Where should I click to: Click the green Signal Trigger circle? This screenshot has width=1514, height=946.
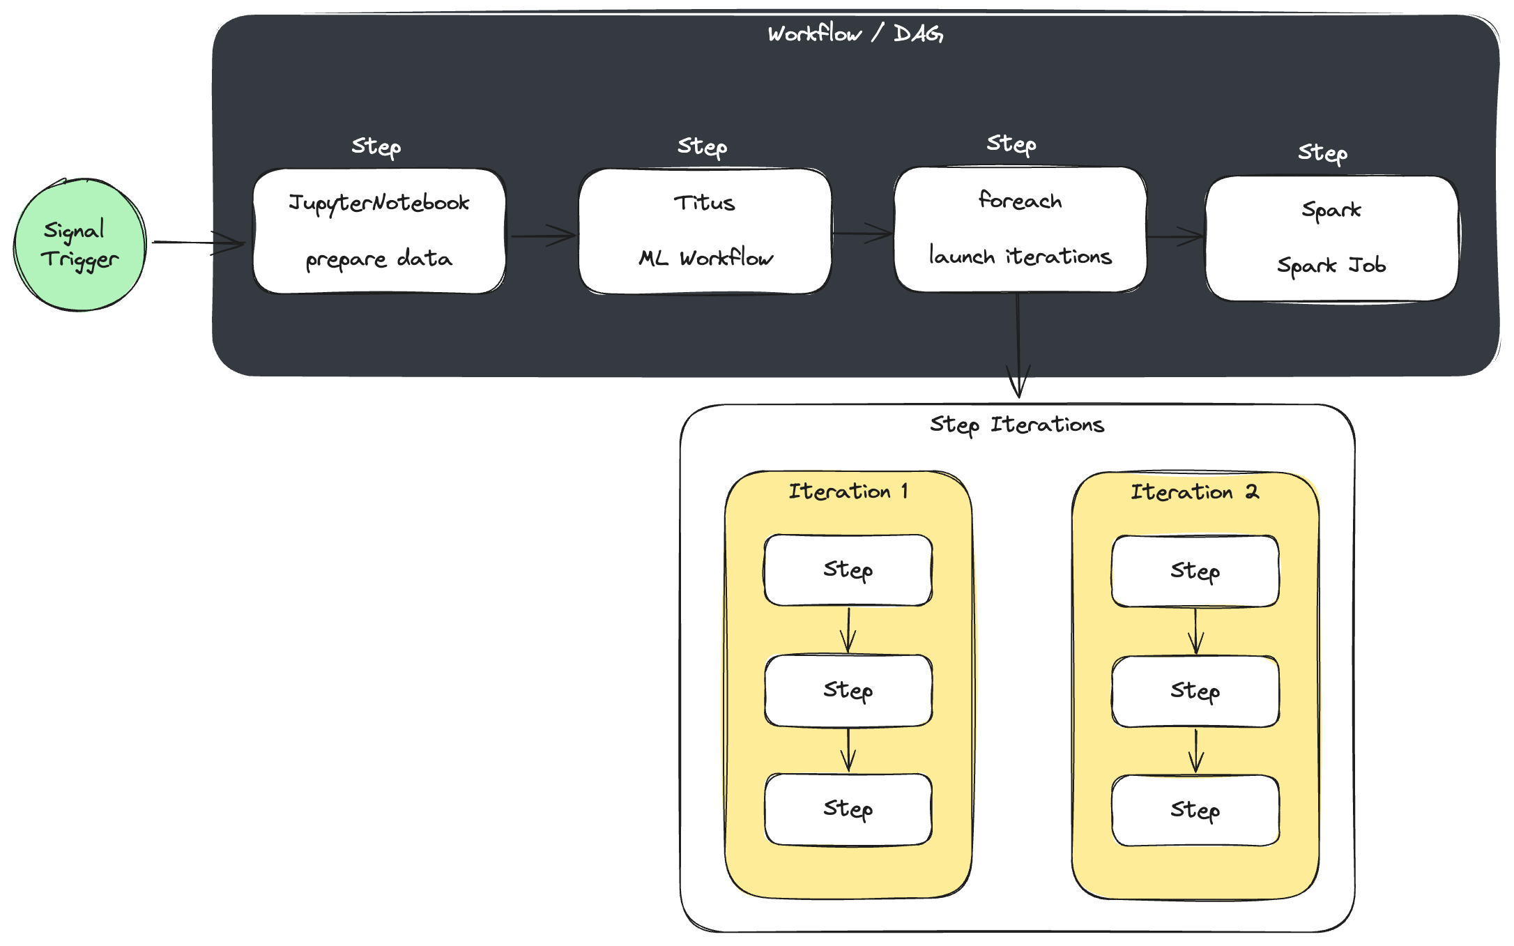click(x=79, y=245)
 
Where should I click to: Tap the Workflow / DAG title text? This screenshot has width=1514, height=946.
click(x=855, y=33)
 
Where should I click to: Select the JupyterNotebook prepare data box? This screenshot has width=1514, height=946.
click(x=379, y=231)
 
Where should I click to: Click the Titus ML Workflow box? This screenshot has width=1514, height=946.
click(x=705, y=231)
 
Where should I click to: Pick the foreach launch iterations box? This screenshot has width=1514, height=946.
click(x=1020, y=229)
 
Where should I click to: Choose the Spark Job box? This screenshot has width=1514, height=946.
click(x=1331, y=238)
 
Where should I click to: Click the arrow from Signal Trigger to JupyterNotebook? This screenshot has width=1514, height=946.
click(x=198, y=243)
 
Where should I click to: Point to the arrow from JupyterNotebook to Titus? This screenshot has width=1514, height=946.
click(x=543, y=236)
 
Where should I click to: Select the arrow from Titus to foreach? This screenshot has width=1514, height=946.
click(x=863, y=234)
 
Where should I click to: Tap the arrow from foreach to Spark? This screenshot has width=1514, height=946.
click(x=1176, y=236)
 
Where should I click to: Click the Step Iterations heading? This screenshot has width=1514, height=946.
click(x=1017, y=425)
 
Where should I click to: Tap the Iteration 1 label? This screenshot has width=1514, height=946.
click(x=848, y=491)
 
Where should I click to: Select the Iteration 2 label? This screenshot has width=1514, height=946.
click(x=1194, y=492)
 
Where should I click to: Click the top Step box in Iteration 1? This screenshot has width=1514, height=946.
click(x=848, y=570)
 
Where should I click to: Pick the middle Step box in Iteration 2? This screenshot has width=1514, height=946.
click(x=1195, y=691)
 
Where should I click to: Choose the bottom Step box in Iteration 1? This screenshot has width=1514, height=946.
click(x=848, y=809)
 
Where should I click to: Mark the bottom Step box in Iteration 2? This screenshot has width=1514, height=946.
click(x=1195, y=810)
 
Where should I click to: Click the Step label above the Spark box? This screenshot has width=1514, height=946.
click(x=1322, y=153)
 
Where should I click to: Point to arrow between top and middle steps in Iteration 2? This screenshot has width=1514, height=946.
click(x=1195, y=631)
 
